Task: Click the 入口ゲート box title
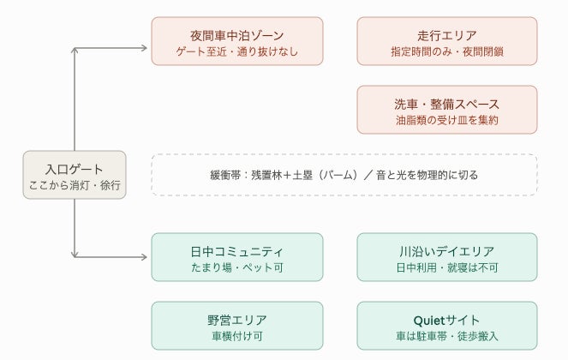75,170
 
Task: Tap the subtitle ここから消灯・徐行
75,185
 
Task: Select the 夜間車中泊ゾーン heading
237,35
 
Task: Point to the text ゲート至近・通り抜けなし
237,51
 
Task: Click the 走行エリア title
447,35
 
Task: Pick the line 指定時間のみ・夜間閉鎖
447,51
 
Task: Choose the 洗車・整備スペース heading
447,105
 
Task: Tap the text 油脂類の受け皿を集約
447,120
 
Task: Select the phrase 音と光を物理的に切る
427,175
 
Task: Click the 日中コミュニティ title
237,252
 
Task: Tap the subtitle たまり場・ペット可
237,267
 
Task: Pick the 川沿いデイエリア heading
447,252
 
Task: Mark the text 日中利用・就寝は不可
447,267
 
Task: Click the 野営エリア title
237,320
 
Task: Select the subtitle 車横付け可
237,336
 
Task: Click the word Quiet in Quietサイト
429,321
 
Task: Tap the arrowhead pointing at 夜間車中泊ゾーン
144,48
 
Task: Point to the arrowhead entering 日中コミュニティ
144,257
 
